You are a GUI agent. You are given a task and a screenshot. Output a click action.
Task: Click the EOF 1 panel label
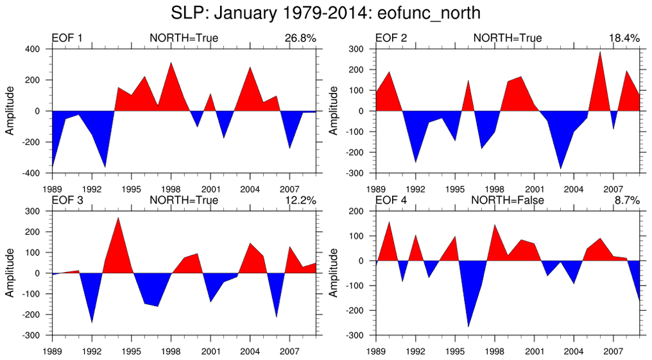(x=67, y=39)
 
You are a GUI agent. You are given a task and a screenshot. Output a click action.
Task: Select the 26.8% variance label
(x=300, y=39)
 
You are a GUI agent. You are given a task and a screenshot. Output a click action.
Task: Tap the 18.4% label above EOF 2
(x=624, y=39)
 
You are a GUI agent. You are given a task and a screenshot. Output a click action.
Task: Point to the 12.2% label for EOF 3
(x=300, y=201)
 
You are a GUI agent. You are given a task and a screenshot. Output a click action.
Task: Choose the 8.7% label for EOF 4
(x=626, y=201)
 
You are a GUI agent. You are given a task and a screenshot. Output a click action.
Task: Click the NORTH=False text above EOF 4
(x=508, y=201)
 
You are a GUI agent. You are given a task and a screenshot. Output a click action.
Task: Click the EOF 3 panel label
(x=67, y=201)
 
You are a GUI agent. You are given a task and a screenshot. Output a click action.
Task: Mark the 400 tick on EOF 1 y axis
(x=33, y=49)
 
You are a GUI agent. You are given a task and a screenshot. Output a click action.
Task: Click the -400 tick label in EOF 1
(x=32, y=173)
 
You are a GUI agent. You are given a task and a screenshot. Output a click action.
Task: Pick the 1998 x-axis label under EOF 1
(x=171, y=189)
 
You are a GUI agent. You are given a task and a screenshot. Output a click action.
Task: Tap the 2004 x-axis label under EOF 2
(x=573, y=189)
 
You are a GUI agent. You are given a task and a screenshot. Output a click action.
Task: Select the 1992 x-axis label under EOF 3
(x=92, y=352)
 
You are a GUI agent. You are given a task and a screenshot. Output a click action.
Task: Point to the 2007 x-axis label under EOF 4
(x=613, y=352)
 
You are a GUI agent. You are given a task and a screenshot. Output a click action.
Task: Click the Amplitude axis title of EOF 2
(x=333, y=111)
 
